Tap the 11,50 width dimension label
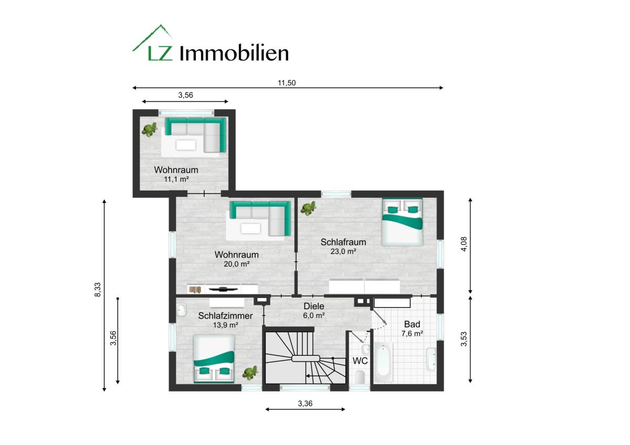[287, 83]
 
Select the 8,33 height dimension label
[98, 290]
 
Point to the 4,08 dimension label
[464, 244]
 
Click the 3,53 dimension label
[464, 339]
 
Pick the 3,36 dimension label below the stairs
[305, 404]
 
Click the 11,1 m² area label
[176, 179]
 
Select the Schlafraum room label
[343, 242]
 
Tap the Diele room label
[314, 306]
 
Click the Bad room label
[412, 324]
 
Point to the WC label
[360, 361]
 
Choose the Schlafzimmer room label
[225, 316]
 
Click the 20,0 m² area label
[237, 264]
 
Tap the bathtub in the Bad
[383, 362]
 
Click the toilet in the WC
[360, 376]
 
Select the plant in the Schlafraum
[309, 208]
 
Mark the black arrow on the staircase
[312, 376]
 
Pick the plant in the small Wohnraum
[149, 130]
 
